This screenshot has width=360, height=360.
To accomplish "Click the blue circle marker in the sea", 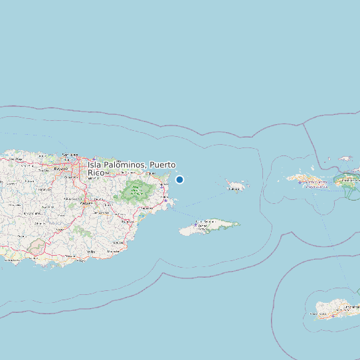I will (x=179, y=179).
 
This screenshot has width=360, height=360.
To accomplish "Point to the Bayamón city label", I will (x=61, y=169).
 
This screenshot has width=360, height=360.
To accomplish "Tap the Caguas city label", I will (x=86, y=203).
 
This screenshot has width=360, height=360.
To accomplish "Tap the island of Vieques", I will (x=206, y=226).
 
